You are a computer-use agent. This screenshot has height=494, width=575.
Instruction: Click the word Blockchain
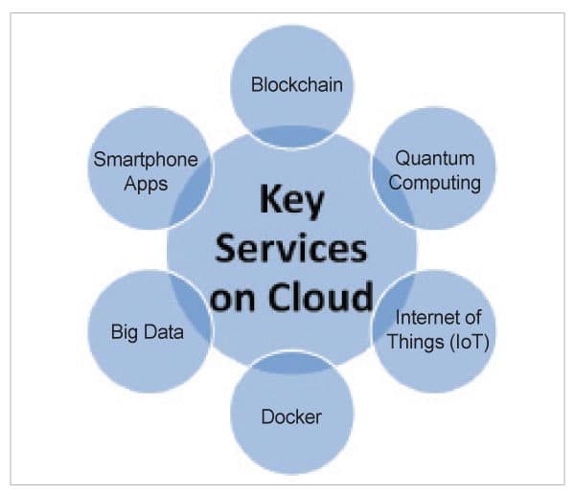(297, 84)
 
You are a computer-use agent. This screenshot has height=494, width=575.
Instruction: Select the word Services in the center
(291, 251)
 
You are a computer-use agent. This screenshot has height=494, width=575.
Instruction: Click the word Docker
(291, 417)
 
